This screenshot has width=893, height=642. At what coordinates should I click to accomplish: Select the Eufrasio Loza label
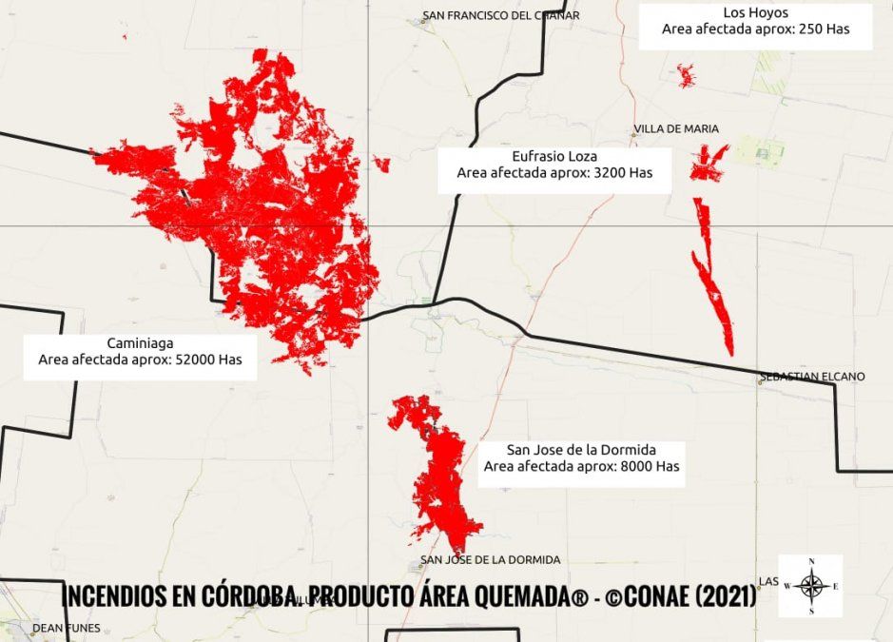click(x=554, y=155)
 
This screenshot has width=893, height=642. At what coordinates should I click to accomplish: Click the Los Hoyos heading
click(x=755, y=12)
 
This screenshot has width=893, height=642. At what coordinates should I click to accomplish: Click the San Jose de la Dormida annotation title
click(x=581, y=449)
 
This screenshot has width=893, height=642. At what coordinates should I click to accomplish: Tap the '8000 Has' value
click(x=649, y=467)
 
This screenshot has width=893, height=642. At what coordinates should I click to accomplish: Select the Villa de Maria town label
click(x=676, y=128)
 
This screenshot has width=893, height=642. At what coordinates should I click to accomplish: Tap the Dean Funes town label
click(x=66, y=628)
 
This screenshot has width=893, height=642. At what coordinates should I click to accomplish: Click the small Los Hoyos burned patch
click(x=686, y=75)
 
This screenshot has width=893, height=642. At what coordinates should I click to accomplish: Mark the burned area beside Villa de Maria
click(x=708, y=163)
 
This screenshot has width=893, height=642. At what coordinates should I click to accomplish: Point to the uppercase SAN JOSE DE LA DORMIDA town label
click(x=490, y=560)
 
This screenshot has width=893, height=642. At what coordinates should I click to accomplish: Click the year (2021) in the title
click(x=726, y=596)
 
